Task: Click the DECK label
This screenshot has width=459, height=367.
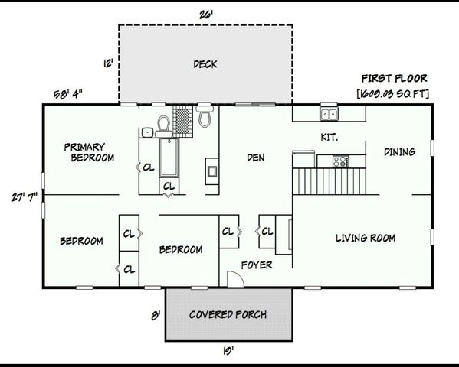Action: point(205,64)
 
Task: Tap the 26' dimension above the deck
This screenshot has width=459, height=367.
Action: point(205,13)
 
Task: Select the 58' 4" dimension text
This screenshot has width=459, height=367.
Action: point(68,93)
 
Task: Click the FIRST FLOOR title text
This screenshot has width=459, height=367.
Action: point(394,79)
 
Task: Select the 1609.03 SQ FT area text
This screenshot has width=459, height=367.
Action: point(394,93)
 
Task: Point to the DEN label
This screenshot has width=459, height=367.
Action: point(255,158)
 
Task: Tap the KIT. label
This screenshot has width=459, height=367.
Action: point(329,137)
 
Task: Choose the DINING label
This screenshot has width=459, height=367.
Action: point(400,152)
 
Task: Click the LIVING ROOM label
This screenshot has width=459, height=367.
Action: point(366,239)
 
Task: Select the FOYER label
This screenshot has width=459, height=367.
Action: point(256,265)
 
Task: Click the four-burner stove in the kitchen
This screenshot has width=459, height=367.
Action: point(338,161)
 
